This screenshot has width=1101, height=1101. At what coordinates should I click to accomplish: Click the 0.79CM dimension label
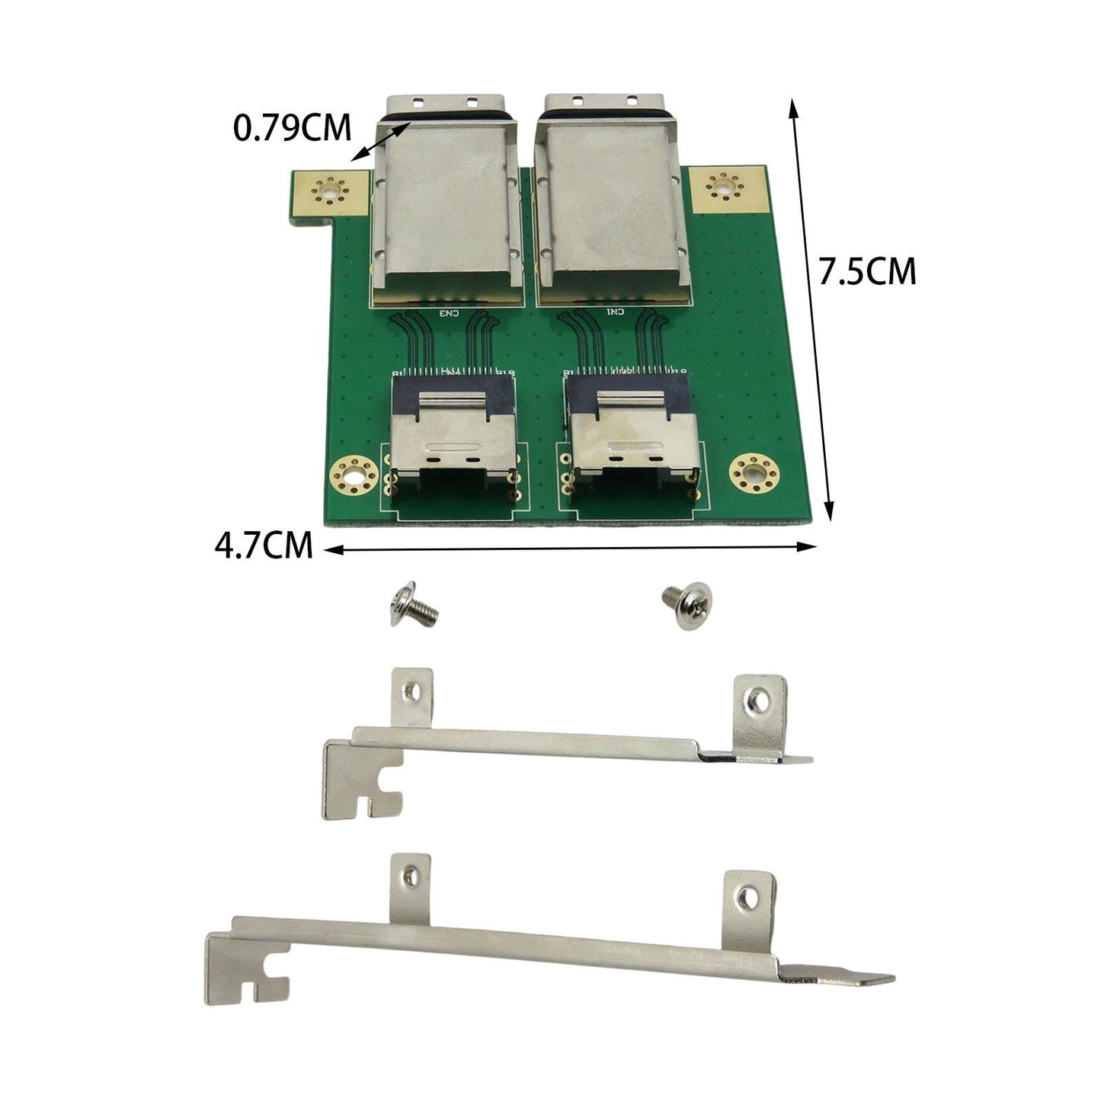point(292,128)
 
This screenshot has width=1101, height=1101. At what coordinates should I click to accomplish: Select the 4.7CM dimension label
point(264,546)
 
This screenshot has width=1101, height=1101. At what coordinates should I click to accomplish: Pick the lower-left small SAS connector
point(453,450)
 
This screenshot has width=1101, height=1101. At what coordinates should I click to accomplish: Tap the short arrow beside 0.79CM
point(379,142)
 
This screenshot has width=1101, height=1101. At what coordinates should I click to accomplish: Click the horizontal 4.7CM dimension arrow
point(571,547)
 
